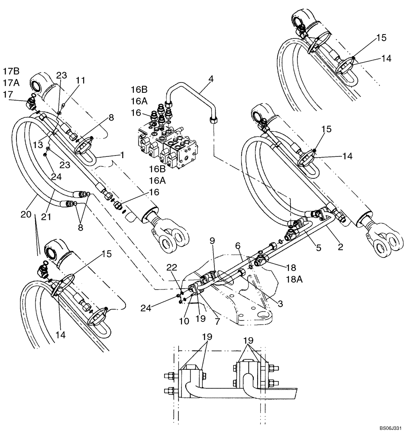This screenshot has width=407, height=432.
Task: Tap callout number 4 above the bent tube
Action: coord(211,79)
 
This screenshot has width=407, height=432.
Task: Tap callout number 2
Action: coord(340,248)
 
